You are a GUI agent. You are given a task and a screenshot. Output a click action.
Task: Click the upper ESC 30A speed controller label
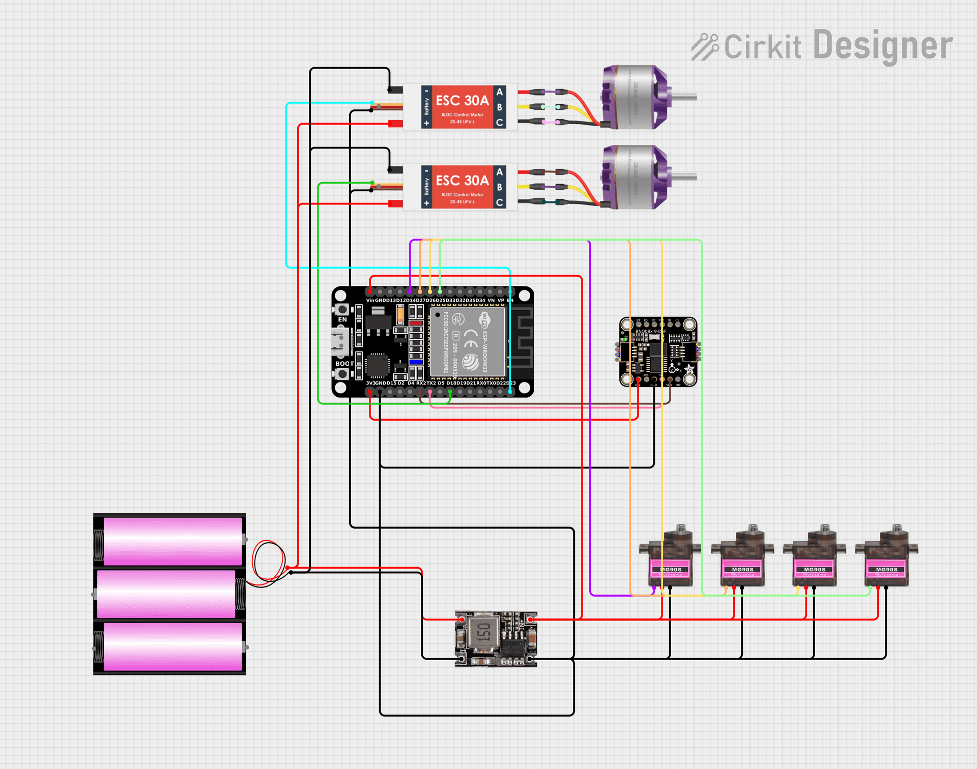[462, 101]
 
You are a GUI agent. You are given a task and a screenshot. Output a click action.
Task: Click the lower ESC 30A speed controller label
[462, 181]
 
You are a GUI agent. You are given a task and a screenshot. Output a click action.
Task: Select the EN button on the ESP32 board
[342, 309]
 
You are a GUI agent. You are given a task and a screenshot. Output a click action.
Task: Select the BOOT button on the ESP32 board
[342, 374]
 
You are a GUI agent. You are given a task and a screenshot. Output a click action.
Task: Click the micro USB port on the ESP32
[340, 341]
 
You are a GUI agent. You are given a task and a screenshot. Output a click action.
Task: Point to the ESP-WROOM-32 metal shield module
[467, 342]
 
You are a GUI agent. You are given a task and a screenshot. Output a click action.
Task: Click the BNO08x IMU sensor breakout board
[658, 352]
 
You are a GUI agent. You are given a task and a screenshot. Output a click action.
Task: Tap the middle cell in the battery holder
[166, 594]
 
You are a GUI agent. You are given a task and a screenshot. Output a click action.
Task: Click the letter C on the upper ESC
[500, 123]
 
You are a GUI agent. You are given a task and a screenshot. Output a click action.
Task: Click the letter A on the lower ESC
[500, 172]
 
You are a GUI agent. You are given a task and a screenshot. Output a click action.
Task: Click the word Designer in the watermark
[882, 46]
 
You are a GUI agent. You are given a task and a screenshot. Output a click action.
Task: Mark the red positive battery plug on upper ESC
[395, 124]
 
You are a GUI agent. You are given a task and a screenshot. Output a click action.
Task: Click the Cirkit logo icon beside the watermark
[705, 47]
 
